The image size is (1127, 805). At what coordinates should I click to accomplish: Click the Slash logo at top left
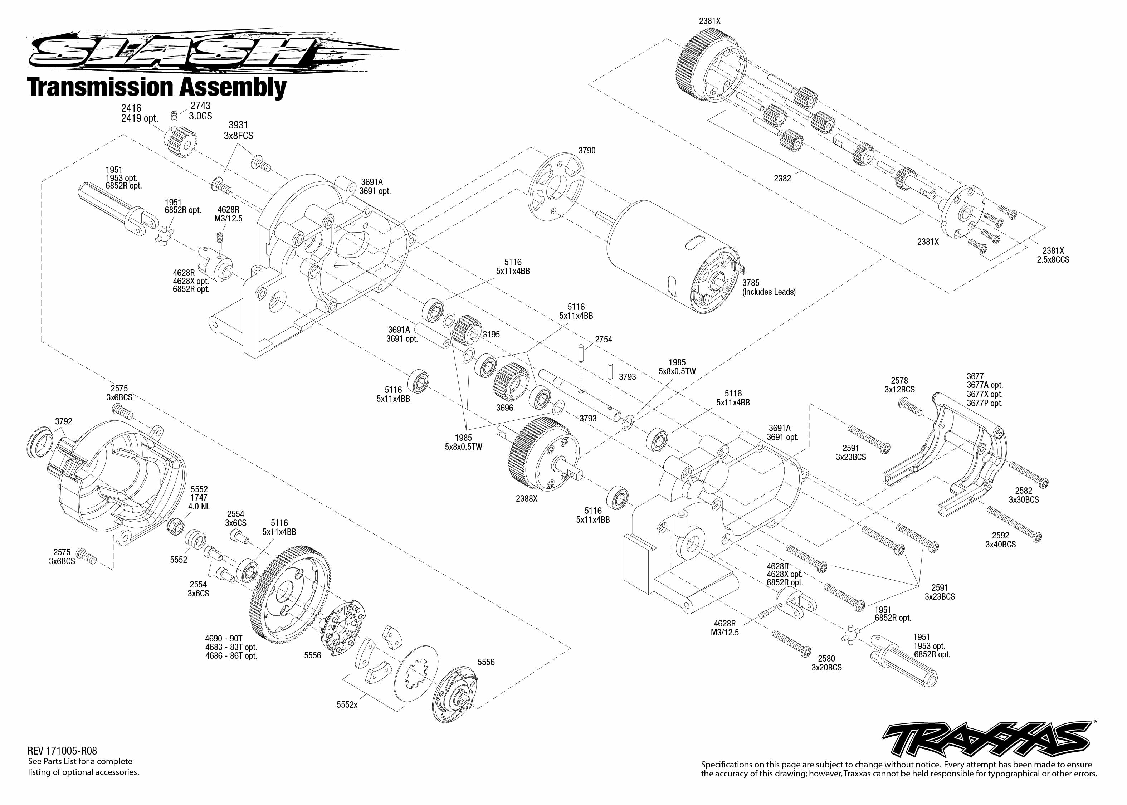click(x=208, y=51)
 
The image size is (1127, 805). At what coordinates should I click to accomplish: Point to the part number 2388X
click(x=526, y=499)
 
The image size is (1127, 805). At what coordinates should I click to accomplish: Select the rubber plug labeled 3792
click(x=40, y=441)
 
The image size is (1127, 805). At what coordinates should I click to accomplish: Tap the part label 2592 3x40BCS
click(x=1001, y=540)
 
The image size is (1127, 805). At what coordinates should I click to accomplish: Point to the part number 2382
click(x=782, y=178)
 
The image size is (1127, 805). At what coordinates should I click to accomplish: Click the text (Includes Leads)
click(x=769, y=292)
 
